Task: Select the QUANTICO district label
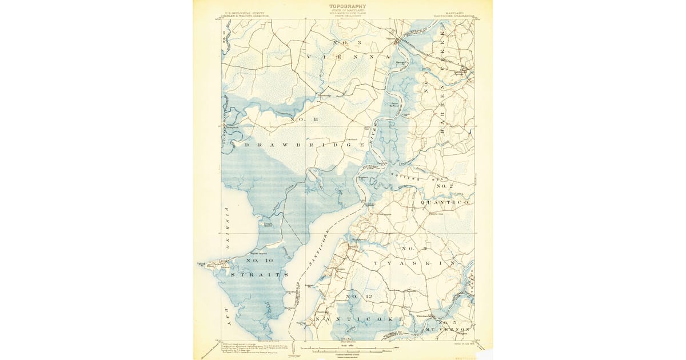pyautogui.click(x=445, y=202)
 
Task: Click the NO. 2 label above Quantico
pyautogui.click(x=444, y=187)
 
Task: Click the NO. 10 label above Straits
pyautogui.click(x=260, y=261)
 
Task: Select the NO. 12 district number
pyautogui.click(x=359, y=296)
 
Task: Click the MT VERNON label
pyautogui.click(x=448, y=330)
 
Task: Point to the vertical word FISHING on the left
pyautogui.click(x=226, y=229)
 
